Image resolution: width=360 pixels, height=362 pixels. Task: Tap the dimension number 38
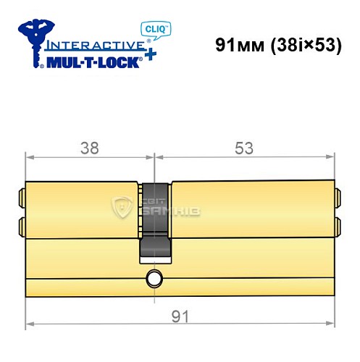89,148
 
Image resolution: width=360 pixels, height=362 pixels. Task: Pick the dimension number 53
244,148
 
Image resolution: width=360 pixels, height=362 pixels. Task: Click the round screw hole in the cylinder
153,277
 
